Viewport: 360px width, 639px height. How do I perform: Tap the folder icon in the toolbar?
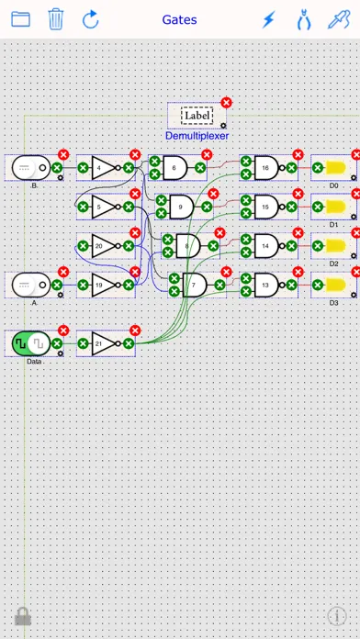20,19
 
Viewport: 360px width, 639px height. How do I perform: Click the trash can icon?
56,19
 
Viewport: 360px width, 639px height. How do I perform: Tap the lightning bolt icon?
269,19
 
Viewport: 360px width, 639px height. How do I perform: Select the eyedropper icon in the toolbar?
339,19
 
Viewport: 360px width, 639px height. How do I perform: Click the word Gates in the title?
179,19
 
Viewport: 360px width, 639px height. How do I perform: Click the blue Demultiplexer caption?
197,136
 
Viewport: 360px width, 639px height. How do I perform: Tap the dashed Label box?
197,116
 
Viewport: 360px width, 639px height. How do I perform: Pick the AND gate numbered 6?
175,167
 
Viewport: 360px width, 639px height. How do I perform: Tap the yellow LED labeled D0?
336,167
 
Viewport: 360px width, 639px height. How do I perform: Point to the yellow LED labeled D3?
336,285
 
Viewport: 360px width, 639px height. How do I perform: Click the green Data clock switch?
31,343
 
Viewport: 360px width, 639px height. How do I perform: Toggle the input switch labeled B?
31,167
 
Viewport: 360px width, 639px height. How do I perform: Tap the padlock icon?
23,616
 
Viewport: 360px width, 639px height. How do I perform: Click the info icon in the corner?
337,616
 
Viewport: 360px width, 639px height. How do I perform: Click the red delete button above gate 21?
135,331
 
